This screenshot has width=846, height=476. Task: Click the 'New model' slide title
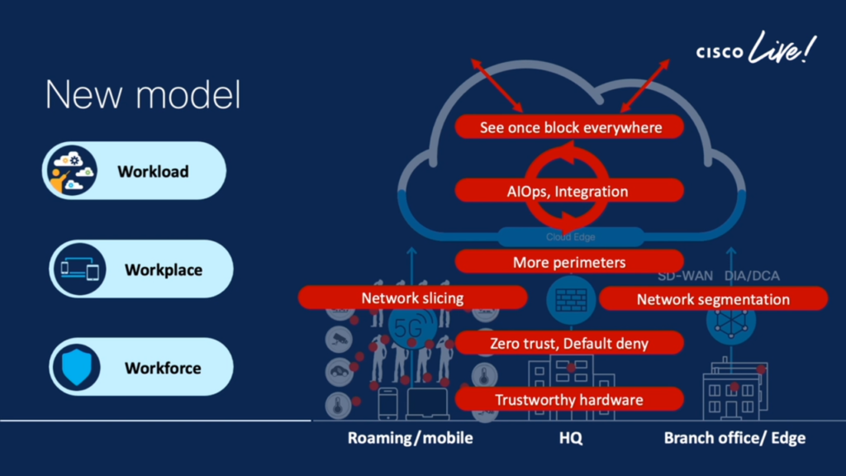coord(143,95)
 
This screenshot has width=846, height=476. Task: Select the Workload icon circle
coord(71,170)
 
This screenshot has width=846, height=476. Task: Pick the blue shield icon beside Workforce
coord(76,367)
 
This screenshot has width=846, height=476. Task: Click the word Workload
coord(153,172)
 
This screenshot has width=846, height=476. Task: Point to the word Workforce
coord(163,368)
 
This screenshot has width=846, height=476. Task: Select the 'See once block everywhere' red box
coord(570,127)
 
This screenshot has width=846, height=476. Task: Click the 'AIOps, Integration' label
coord(569,192)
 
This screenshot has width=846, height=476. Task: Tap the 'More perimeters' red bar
coord(569,262)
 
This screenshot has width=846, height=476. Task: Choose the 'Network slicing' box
coord(412,297)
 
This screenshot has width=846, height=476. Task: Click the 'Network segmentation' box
coord(712,299)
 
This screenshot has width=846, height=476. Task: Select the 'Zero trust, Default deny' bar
coord(569,343)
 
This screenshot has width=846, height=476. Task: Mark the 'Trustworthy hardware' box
coord(569,400)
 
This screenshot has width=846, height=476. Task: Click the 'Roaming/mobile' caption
coord(411,438)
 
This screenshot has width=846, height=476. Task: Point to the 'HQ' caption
coord(570,438)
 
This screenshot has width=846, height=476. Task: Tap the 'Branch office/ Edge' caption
coord(734,438)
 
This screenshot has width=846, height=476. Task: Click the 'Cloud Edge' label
coord(570,237)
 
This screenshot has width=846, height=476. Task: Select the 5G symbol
coord(410,326)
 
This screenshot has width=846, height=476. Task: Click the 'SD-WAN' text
coord(685,276)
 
